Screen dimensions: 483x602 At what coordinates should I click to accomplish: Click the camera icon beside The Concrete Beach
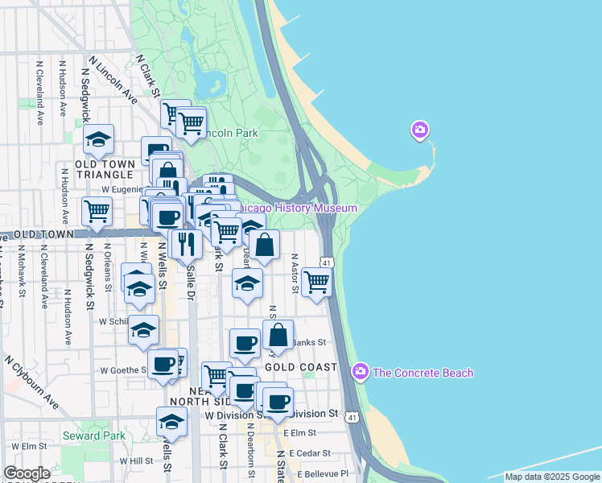pos(361,372)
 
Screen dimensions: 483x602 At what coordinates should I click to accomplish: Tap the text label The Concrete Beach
pos(423,373)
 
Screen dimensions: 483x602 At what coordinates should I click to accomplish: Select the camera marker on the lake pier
pos(419,130)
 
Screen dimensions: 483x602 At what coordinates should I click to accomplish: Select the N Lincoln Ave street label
pos(113,80)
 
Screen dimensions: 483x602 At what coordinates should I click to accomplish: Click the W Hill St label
pos(136,461)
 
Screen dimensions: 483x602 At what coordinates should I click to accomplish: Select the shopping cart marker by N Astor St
pos(317,281)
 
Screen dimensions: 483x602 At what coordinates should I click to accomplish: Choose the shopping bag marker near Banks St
pos(278,335)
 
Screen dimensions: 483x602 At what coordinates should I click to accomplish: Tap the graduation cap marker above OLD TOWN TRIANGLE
pos(98,139)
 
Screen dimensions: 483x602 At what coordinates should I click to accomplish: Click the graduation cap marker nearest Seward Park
pos(171,422)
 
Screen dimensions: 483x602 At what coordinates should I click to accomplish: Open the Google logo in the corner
pos(27,473)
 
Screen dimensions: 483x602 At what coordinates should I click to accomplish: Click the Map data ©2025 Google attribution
pos(552,477)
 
